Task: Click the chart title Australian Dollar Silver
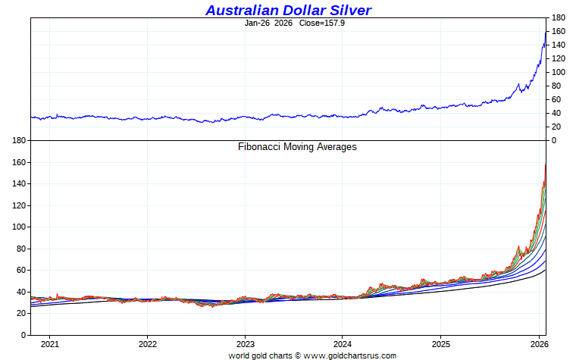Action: pyautogui.click(x=288, y=10)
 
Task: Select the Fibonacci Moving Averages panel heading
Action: pyautogui.click(x=297, y=147)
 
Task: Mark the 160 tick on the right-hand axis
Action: pyautogui.click(x=559, y=31)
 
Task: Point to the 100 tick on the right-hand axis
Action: pyautogui.click(x=559, y=72)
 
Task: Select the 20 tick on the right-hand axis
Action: pyautogui.click(x=556, y=127)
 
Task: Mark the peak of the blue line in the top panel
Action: pyautogui.click(x=546, y=33)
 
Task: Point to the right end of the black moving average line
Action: pyautogui.click(x=546, y=270)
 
